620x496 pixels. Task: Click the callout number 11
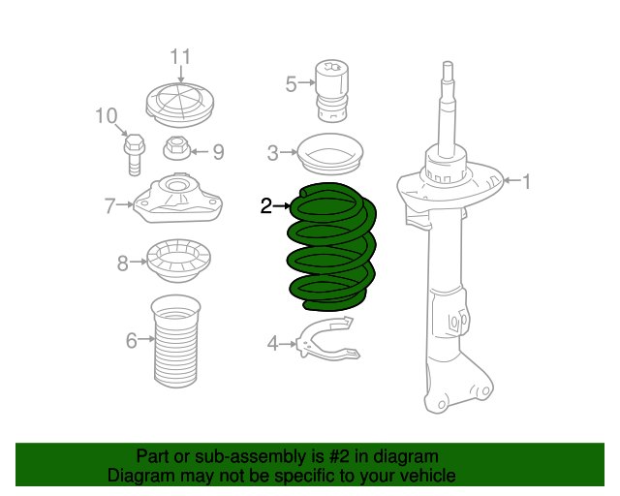tap(181, 56)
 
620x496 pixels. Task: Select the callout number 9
tap(218, 151)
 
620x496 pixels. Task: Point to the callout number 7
tap(110, 204)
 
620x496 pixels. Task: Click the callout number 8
tap(123, 262)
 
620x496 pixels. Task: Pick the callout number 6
tap(131, 339)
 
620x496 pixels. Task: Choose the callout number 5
tap(291, 84)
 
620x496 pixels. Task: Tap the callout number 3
tap(272, 152)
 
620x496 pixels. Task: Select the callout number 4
tap(273, 342)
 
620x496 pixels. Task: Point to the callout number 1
tap(527, 179)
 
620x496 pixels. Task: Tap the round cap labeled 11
tap(180, 104)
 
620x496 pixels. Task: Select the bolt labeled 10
tap(134, 154)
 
